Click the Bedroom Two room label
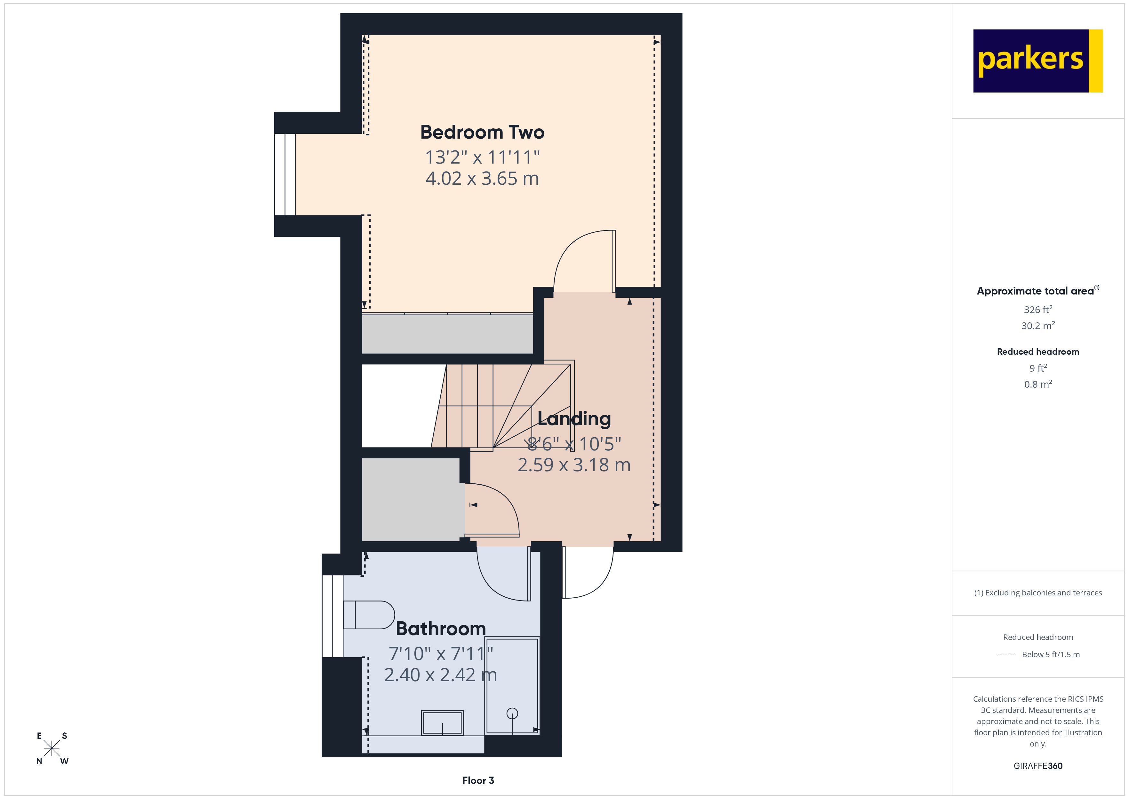click(482, 132)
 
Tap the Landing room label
click(574, 419)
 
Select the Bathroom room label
click(441, 629)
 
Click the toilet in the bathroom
click(369, 615)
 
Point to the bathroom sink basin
click(442, 723)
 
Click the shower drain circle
click(512, 713)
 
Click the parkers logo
click(1037, 61)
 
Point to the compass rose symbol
click(52, 749)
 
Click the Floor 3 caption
click(477, 780)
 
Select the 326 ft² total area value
click(1037, 310)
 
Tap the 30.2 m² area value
click(1037, 326)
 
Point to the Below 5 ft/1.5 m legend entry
click(1050, 654)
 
